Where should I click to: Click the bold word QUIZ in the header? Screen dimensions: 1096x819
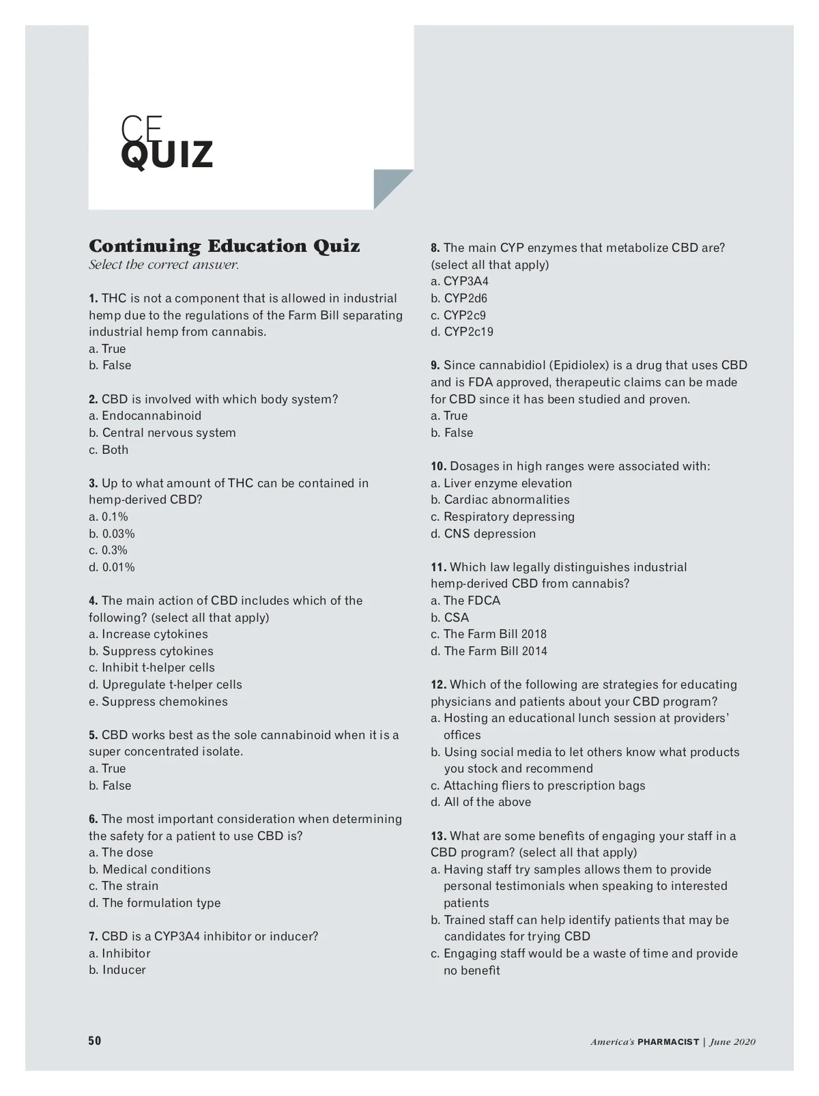167,155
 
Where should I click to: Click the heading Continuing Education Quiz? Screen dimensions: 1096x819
224,246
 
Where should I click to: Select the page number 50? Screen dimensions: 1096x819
95,1041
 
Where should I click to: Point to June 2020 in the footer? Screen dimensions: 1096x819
732,1041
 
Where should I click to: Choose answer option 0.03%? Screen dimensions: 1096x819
112,534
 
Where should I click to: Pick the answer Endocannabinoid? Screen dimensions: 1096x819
145,416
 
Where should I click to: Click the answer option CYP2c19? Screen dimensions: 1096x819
462,332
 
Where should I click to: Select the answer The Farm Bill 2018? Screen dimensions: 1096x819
489,634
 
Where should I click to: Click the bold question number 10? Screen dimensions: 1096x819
438,466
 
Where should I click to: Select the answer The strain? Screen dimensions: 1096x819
124,886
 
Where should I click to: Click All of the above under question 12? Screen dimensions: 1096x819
481,802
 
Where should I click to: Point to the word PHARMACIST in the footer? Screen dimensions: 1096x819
668,1041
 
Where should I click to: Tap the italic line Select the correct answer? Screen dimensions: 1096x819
164,265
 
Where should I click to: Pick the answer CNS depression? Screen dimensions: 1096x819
483,534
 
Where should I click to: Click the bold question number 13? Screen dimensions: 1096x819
438,836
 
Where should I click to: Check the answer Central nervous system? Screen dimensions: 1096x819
162,433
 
